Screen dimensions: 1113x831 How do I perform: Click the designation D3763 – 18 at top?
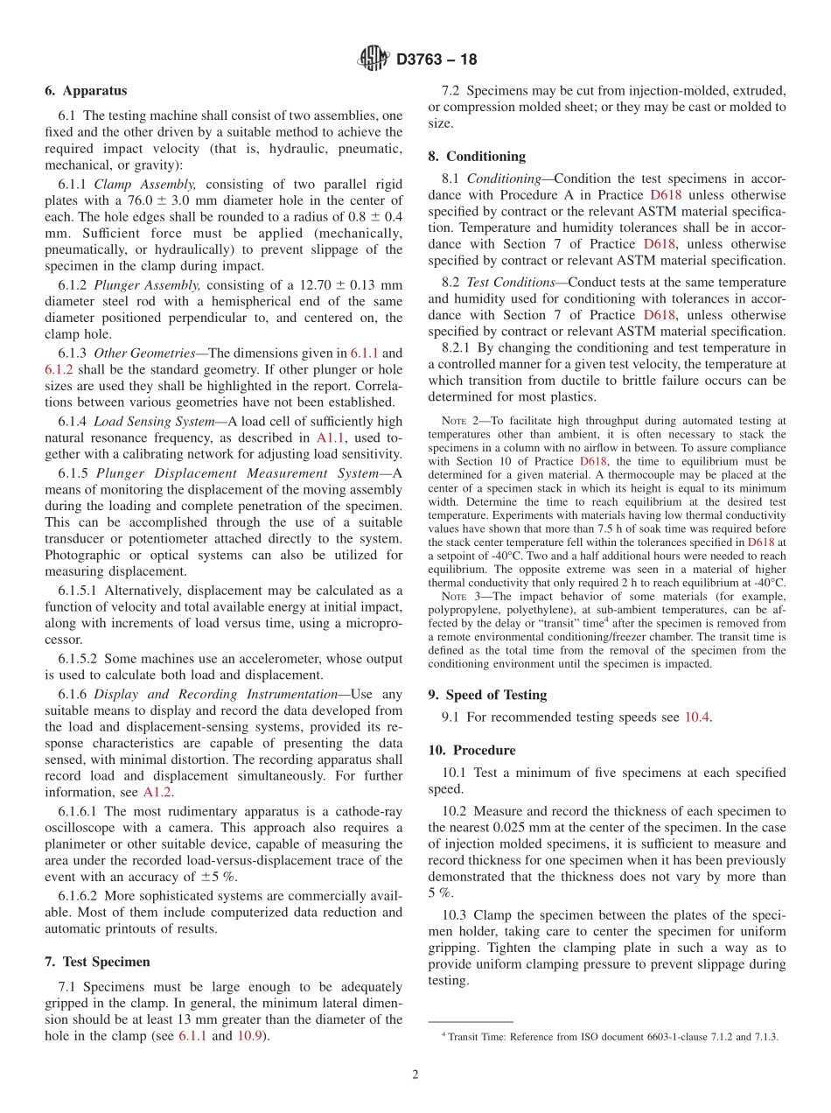pyautogui.click(x=436, y=60)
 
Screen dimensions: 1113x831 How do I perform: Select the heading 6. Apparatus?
pyautogui.click(x=86, y=90)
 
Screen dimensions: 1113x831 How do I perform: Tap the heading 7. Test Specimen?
pyautogui.click(x=97, y=962)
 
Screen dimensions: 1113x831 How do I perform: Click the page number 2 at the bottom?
pyautogui.click(x=415, y=1074)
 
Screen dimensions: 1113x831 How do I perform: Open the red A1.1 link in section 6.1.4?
pyautogui.click(x=330, y=437)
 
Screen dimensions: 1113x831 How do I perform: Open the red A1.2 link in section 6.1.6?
pyautogui.click(x=157, y=792)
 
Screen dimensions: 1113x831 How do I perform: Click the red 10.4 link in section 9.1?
pyautogui.click(x=696, y=717)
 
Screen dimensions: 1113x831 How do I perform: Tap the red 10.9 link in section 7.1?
pyautogui.click(x=252, y=1036)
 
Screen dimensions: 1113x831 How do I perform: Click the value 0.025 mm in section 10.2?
pyautogui.click(x=536, y=828)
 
